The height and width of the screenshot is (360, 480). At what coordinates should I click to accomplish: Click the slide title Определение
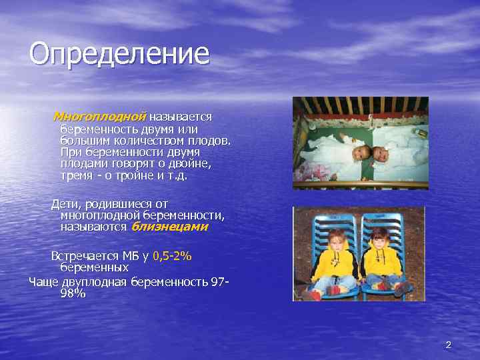pos(119,54)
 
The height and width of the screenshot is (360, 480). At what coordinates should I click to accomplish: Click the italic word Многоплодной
pos(99,117)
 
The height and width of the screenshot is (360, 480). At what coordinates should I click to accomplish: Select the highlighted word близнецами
pos(169,227)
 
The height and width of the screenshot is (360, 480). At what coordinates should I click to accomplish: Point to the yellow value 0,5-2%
pos(172,256)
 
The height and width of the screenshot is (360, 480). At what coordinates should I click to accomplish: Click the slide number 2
pos(448,345)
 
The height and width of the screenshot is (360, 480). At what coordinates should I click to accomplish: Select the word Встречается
pos(85,256)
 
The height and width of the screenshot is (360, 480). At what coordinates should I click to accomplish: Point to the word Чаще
pos(43,281)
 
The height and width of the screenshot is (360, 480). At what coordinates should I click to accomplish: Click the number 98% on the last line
pos(73,293)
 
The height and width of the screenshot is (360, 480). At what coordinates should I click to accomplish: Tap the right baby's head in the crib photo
pos(382,154)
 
